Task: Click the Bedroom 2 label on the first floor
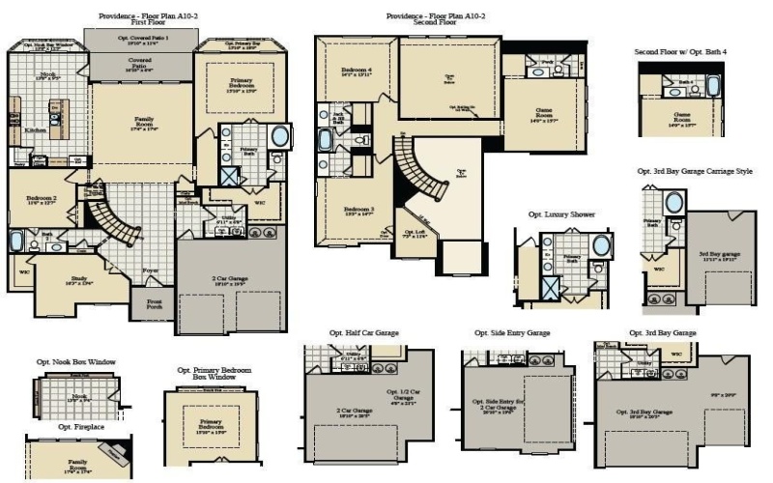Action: [x=42, y=199]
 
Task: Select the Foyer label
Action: [x=152, y=270]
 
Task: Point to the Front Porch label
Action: [x=154, y=302]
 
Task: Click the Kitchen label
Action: [x=35, y=129]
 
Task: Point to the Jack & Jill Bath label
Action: [x=338, y=117]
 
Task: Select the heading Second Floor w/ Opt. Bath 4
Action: [x=680, y=51]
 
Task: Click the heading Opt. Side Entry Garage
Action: [x=512, y=332]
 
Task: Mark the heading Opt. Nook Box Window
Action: [x=75, y=361]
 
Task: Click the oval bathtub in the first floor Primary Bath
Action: [x=279, y=136]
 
